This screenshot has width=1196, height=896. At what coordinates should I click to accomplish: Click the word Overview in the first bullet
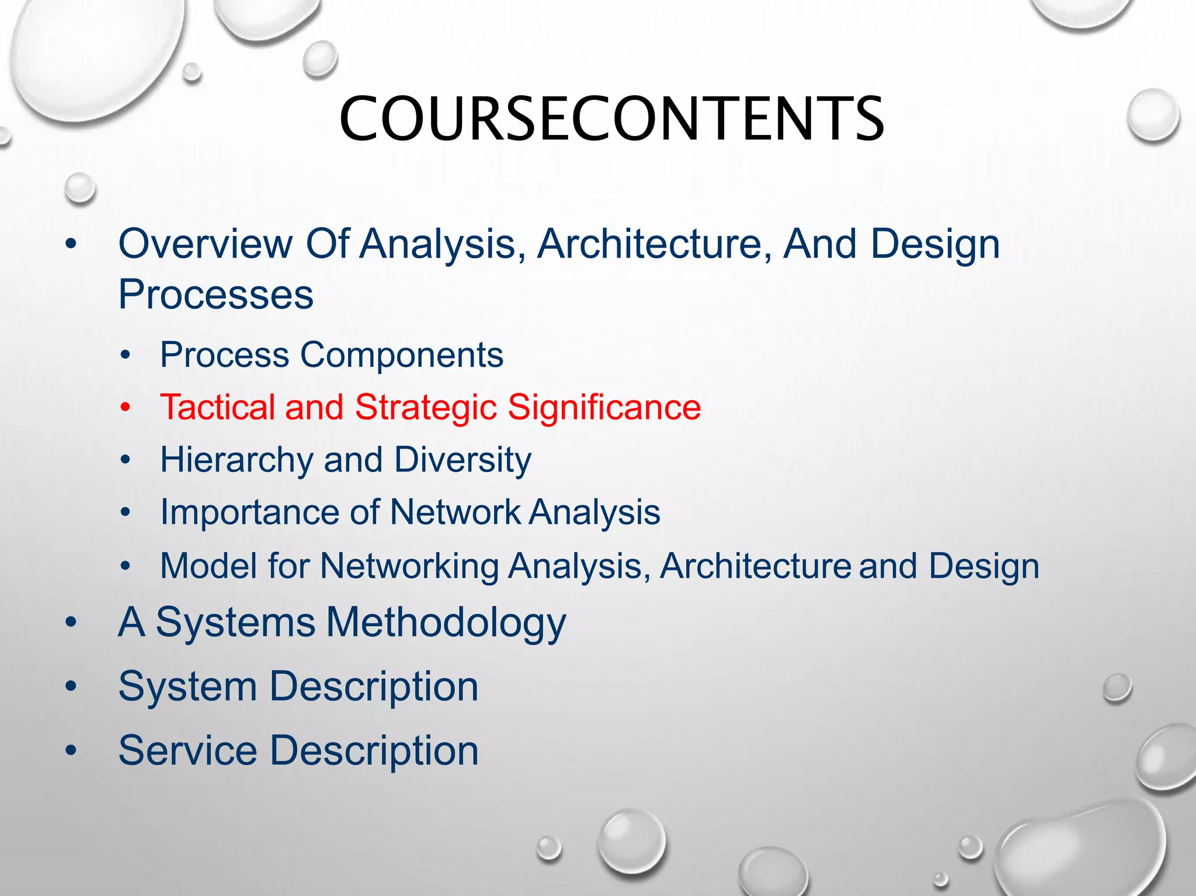tap(205, 244)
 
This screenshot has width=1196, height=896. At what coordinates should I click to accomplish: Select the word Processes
tap(215, 294)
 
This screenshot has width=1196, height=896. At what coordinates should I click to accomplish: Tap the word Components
tap(402, 355)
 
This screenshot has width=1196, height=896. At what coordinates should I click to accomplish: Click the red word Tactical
tap(217, 407)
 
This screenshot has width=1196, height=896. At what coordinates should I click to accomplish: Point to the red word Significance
tap(604, 407)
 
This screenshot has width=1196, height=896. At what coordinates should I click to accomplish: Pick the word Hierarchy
tap(237, 460)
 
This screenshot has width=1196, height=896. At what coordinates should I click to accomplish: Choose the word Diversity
tap(463, 460)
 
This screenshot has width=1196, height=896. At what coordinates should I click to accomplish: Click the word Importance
tap(249, 512)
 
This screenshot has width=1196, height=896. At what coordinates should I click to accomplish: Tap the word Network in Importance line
tap(455, 512)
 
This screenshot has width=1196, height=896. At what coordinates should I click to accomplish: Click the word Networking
tap(408, 566)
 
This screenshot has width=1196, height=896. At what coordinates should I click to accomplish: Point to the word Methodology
tap(446, 623)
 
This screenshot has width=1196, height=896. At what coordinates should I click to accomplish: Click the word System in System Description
tap(187, 686)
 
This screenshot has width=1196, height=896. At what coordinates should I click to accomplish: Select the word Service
tap(187, 751)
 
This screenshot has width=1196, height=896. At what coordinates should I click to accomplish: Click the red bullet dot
tap(125, 408)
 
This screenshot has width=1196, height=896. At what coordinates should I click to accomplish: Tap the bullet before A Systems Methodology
tap(71, 623)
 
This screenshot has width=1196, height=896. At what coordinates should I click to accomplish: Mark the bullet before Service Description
tap(71, 751)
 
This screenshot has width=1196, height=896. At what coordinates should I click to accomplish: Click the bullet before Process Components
tap(125, 355)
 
